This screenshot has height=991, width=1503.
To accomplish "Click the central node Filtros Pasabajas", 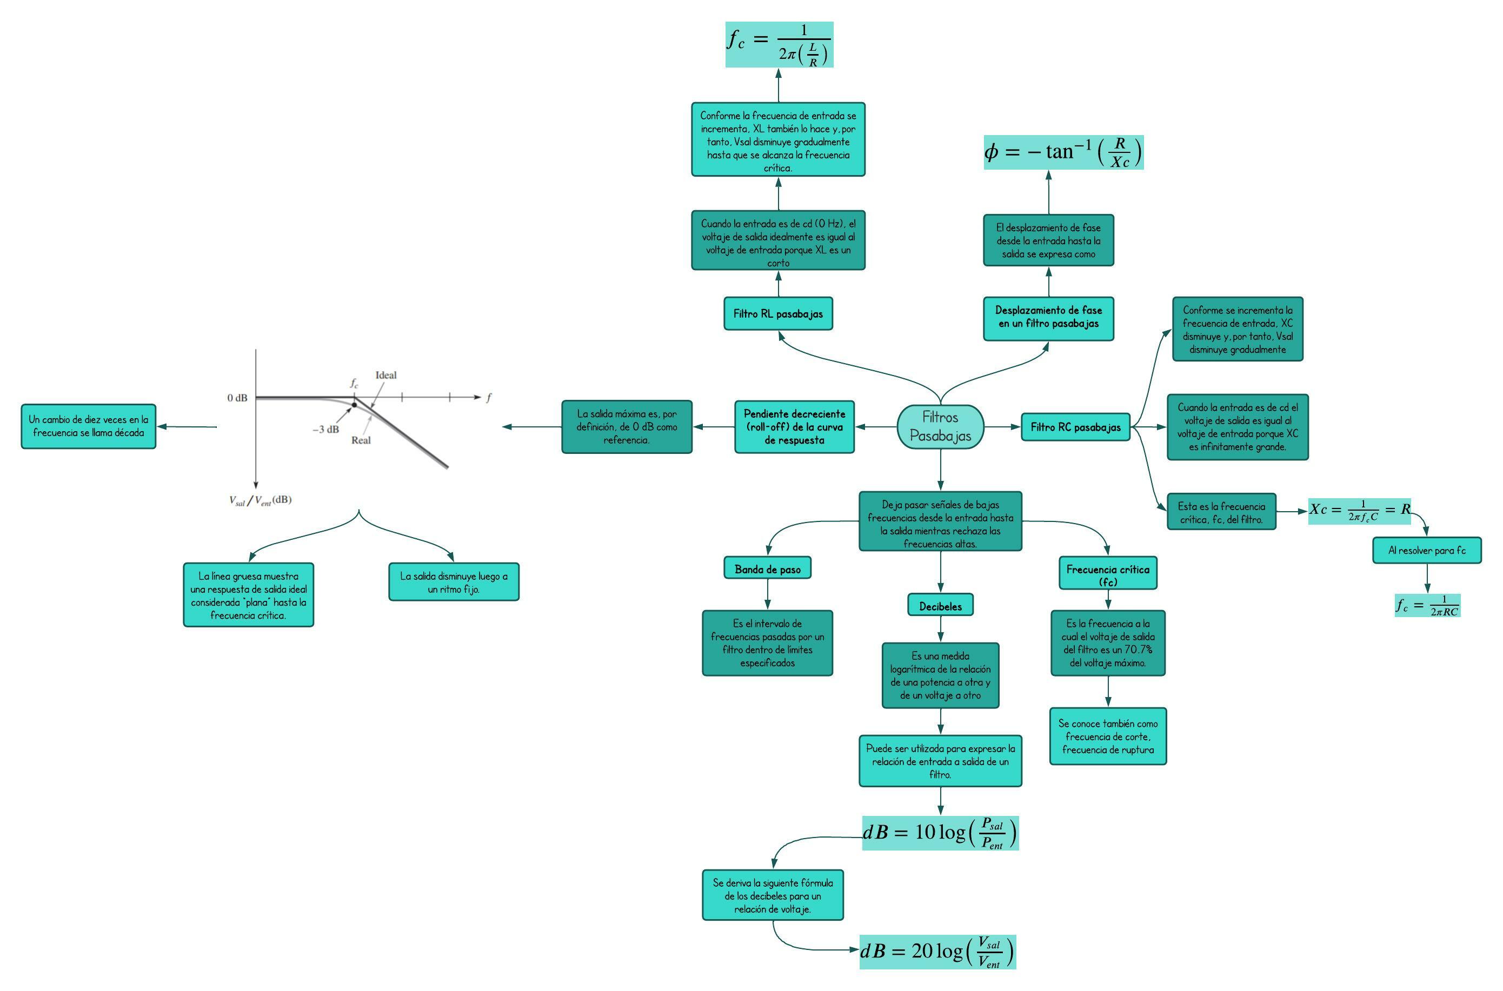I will [x=940, y=427].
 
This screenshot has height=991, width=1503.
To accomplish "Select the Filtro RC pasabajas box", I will [x=1075, y=427].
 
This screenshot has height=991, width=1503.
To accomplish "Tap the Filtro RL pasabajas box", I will [x=778, y=313].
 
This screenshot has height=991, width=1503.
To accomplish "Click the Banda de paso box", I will [x=767, y=569].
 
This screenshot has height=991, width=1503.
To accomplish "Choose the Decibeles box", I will [x=940, y=606].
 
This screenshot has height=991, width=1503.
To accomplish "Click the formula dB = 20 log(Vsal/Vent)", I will [x=937, y=951].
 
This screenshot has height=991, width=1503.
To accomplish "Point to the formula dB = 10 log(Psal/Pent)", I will [x=940, y=832].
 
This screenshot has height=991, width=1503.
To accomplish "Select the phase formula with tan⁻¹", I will [x=1063, y=152].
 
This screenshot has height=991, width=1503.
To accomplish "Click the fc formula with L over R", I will [x=779, y=45].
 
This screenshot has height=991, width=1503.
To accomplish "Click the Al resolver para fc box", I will [x=1426, y=550].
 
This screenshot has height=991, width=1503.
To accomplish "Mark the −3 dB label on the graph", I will [x=325, y=430].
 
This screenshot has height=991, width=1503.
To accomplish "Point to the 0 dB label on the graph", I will [x=237, y=398].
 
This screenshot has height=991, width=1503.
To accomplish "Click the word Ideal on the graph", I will [x=385, y=376].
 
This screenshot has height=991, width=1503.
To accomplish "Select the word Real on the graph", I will [x=361, y=440].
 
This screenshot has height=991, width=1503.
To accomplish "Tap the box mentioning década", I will [x=89, y=426].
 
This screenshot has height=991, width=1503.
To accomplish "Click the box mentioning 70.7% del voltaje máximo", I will [x=1107, y=643].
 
